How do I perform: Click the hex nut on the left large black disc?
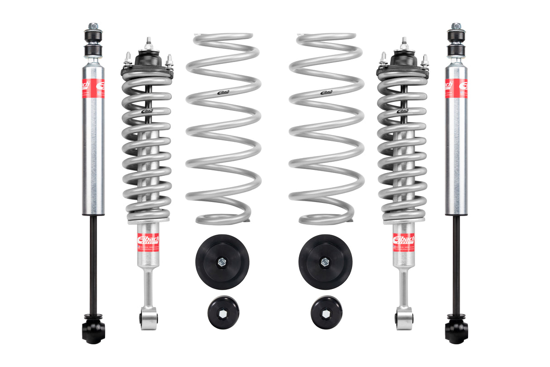coord(222,261)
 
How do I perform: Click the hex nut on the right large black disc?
coord(325,261)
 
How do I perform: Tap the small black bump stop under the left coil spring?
coord(223,312)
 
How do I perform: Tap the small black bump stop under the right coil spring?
coord(326,312)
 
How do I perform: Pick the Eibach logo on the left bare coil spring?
coord(224,92)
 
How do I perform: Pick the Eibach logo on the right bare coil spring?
coord(326,92)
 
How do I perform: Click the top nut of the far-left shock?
coord(93,26)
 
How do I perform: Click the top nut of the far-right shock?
coord(456,26)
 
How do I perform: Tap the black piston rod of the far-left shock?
coord(93,263)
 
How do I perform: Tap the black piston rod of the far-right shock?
coord(456,263)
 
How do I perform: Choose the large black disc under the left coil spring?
coord(222,262)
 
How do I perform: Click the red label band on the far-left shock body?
coord(93,88)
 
